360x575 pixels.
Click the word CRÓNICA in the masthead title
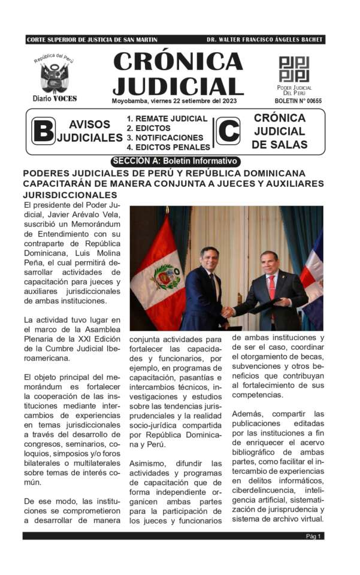tap(178, 62)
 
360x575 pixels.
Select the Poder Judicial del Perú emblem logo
tap(294, 69)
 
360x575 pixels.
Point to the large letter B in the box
tap(43, 131)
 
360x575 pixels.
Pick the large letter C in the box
tap(228, 131)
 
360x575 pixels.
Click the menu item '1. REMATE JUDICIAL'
tap(167, 119)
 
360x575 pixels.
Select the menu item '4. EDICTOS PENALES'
tap(168, 147)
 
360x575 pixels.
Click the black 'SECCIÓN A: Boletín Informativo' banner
tap(176, 161)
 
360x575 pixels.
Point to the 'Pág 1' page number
tap(314, 536)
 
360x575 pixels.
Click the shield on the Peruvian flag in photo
tap(165, 277)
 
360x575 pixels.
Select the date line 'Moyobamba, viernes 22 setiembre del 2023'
tap(174, 101)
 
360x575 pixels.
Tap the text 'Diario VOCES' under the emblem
tap(55, 98)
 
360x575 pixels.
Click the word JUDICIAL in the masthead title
tap(178, 86)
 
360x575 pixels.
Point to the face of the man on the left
tap(209, 260)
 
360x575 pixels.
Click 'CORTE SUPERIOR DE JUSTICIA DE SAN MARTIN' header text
tap(92, 40)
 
